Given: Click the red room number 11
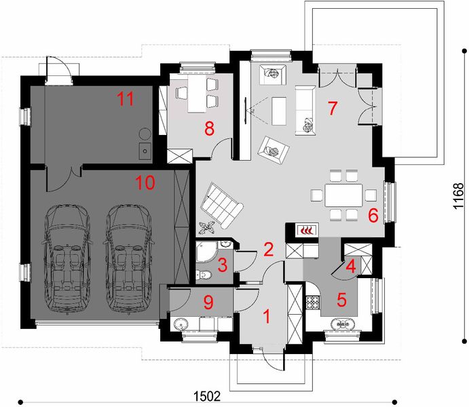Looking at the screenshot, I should pos(125,99).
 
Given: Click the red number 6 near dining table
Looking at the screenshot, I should pos(372,216).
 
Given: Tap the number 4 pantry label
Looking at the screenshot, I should pos(350,266).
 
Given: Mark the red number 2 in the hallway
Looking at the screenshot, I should pos(269,249).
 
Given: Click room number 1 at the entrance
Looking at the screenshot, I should pos(267,315).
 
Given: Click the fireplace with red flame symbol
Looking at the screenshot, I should pos(306,230).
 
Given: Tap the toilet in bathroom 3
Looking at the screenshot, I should pos(204,273).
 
